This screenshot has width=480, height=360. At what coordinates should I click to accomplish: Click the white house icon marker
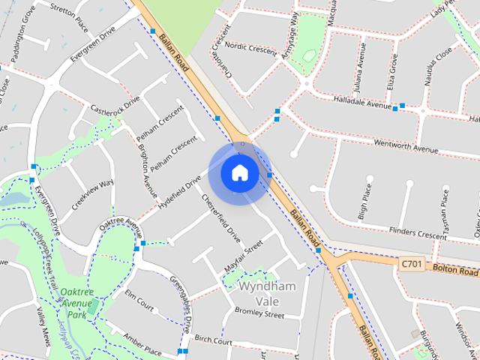(x=239, y=173)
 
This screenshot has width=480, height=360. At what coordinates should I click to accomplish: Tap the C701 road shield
(x=412, y=264)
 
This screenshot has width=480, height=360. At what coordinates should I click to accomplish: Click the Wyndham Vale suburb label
(x=266, y=293)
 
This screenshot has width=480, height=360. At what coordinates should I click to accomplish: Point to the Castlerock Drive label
(x=115, y=105)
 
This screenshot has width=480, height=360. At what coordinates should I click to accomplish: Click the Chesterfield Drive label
(x=222, y=218)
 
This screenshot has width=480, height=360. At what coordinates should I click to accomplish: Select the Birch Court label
(x=213, y=340)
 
